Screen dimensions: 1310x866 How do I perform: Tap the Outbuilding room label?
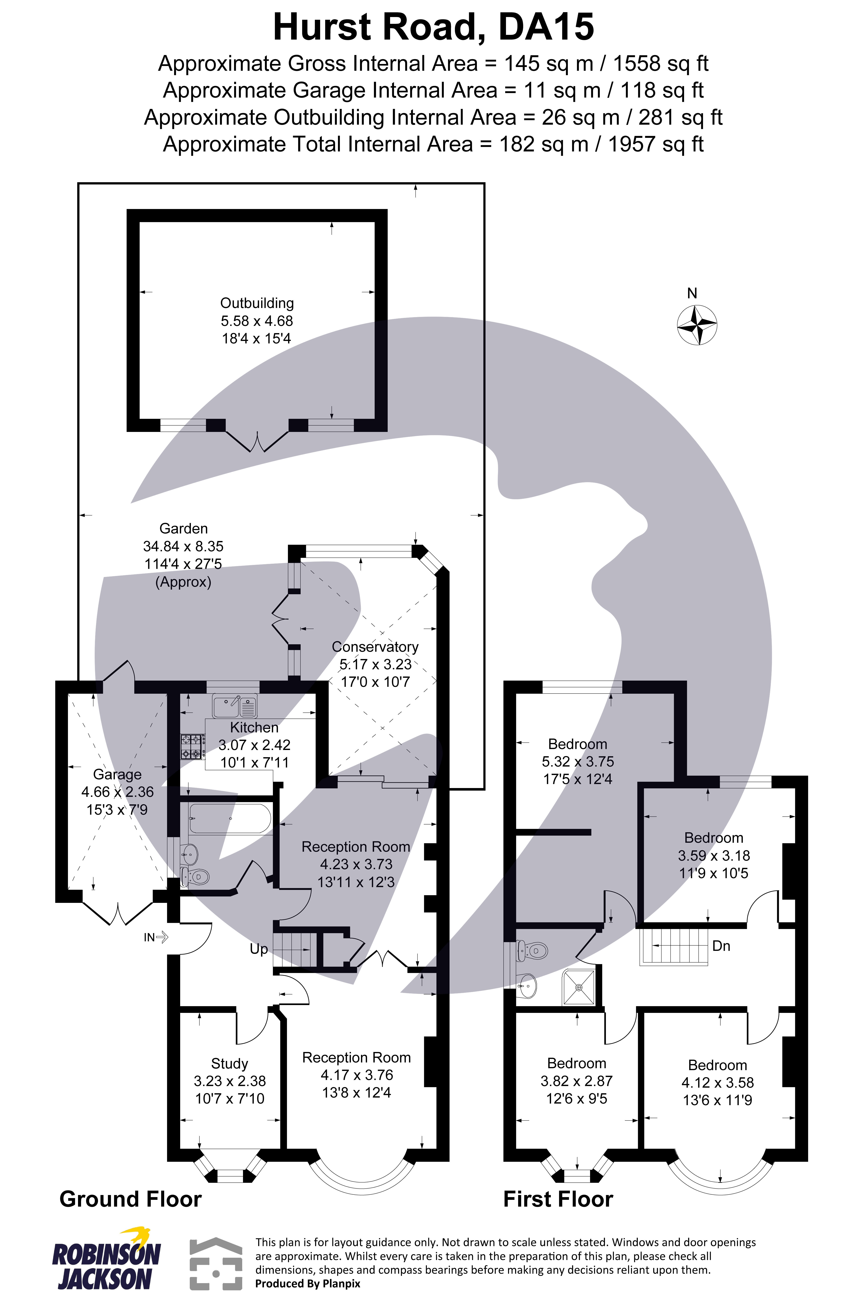[257, 303]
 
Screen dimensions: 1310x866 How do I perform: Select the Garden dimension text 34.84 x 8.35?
[183, 546]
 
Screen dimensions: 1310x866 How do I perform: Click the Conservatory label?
[375, 647]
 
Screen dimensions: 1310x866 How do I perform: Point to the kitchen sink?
[235, 706]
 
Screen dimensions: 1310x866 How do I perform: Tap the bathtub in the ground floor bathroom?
[229, 818]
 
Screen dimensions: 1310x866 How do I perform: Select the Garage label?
[117, 774]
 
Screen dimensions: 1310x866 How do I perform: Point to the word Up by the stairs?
[259, 949]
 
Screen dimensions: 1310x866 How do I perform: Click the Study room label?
[229, 1064]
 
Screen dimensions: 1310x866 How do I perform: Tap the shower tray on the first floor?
[578, 987]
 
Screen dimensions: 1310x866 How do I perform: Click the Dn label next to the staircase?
[721, 946]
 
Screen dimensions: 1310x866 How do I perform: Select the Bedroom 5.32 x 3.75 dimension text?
[578, 762]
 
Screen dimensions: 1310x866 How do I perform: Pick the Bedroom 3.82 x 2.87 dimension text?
[577, 1081]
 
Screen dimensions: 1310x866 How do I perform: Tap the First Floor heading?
[558, 1199]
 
